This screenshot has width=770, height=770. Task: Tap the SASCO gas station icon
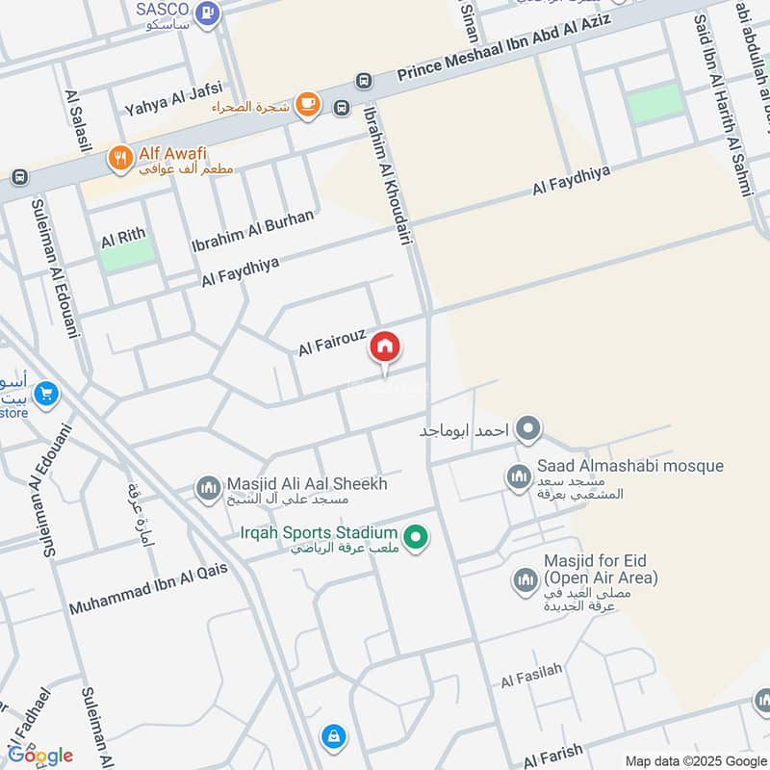(x=207, y=13)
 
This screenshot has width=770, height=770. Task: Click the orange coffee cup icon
(x=308, y=104)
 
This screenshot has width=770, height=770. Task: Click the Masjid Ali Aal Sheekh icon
(x=208, y=489)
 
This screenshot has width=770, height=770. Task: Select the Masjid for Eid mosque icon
(x=525, y=580)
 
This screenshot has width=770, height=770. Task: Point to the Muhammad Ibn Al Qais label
(x=149, y=588)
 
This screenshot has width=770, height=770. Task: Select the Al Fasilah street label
(x=531, y=680)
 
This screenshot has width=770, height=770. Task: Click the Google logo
(x=40, y=755)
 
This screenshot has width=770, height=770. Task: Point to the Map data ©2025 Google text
(x=694, y=759)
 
